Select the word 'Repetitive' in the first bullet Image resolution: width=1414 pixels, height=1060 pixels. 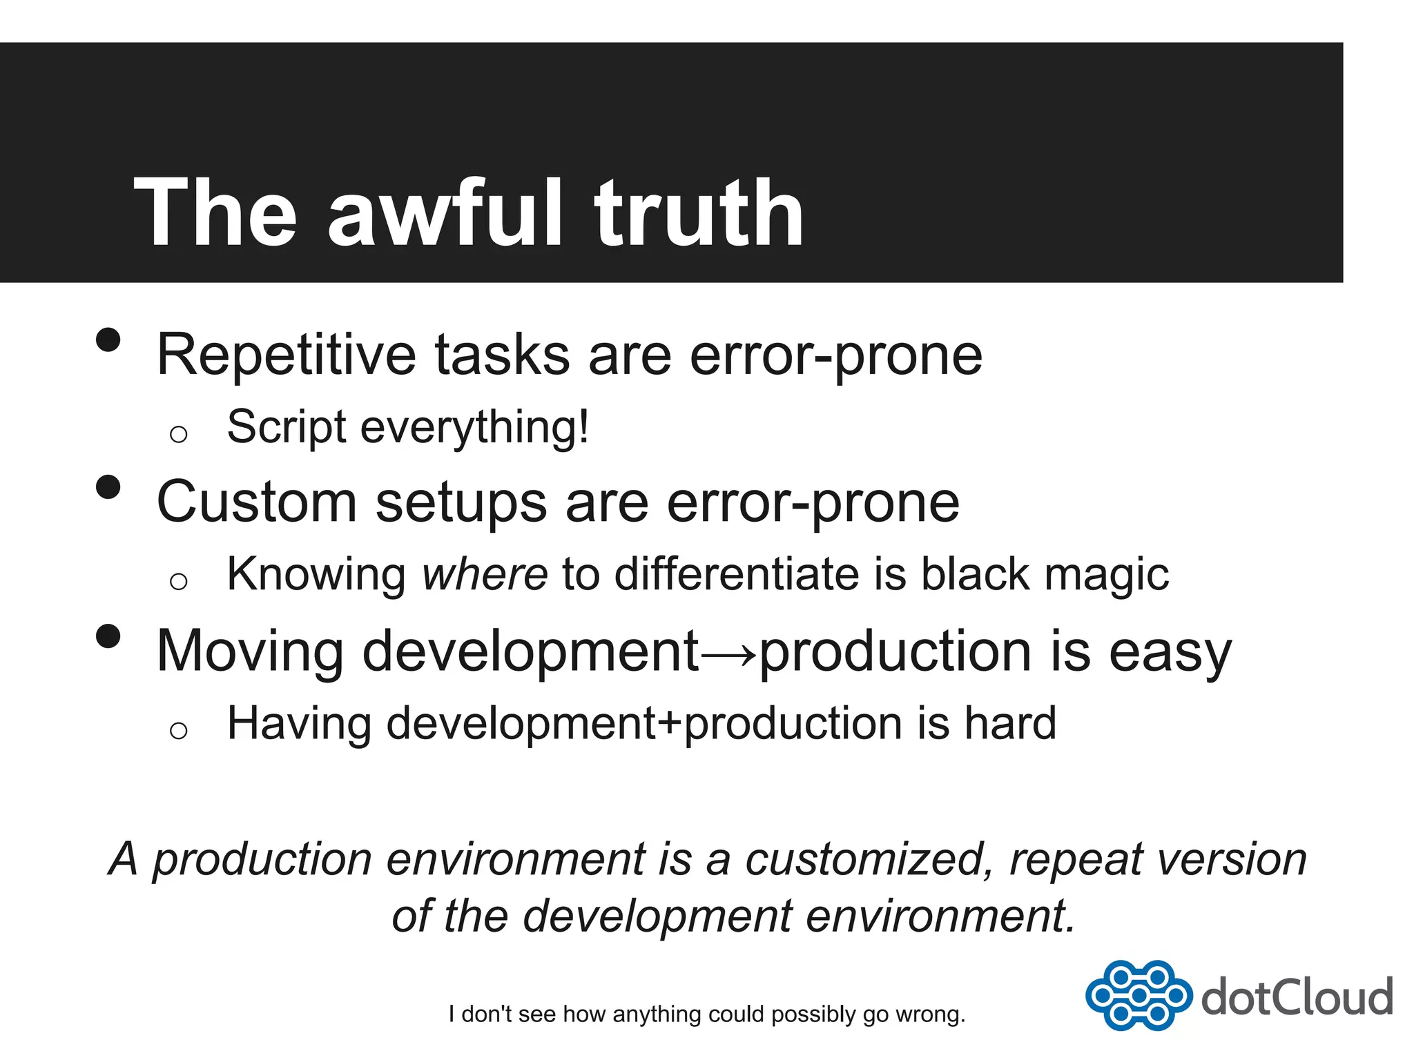click(286, 355)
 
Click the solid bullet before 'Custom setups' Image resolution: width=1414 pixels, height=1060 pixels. click(108, 487)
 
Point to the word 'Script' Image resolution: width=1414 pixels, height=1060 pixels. click(286, 428)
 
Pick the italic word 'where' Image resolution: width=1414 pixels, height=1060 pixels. click(485, 574)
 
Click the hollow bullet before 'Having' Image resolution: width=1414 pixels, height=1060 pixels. click(178, 730)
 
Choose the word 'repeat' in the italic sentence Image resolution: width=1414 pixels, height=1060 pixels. click(1076, 861)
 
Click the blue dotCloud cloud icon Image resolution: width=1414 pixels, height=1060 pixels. click(1138, 995)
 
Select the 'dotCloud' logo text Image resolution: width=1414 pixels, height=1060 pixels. click(1297, 997)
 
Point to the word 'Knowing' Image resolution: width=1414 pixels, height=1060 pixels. click(316, 576)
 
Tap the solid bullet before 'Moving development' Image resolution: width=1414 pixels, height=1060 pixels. click(108, 636)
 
